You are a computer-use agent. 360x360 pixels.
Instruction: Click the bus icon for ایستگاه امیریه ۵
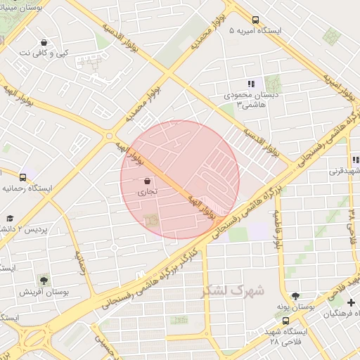tap(255, 20)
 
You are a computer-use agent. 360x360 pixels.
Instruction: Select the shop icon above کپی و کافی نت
tap(44, 42)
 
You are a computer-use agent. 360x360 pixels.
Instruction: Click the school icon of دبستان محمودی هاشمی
tap(251, 84)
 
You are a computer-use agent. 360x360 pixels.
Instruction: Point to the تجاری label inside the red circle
tap(146, 191)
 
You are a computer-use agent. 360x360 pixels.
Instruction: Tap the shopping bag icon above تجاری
tap(146, 181)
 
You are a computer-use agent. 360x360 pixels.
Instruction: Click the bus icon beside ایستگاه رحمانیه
tap(23, 178)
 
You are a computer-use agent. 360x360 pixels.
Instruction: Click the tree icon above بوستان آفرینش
tap(44, 280)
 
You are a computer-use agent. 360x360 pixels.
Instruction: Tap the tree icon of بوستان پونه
tap(295, 296)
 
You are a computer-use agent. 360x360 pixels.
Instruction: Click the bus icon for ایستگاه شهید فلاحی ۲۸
tap(285, 321)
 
